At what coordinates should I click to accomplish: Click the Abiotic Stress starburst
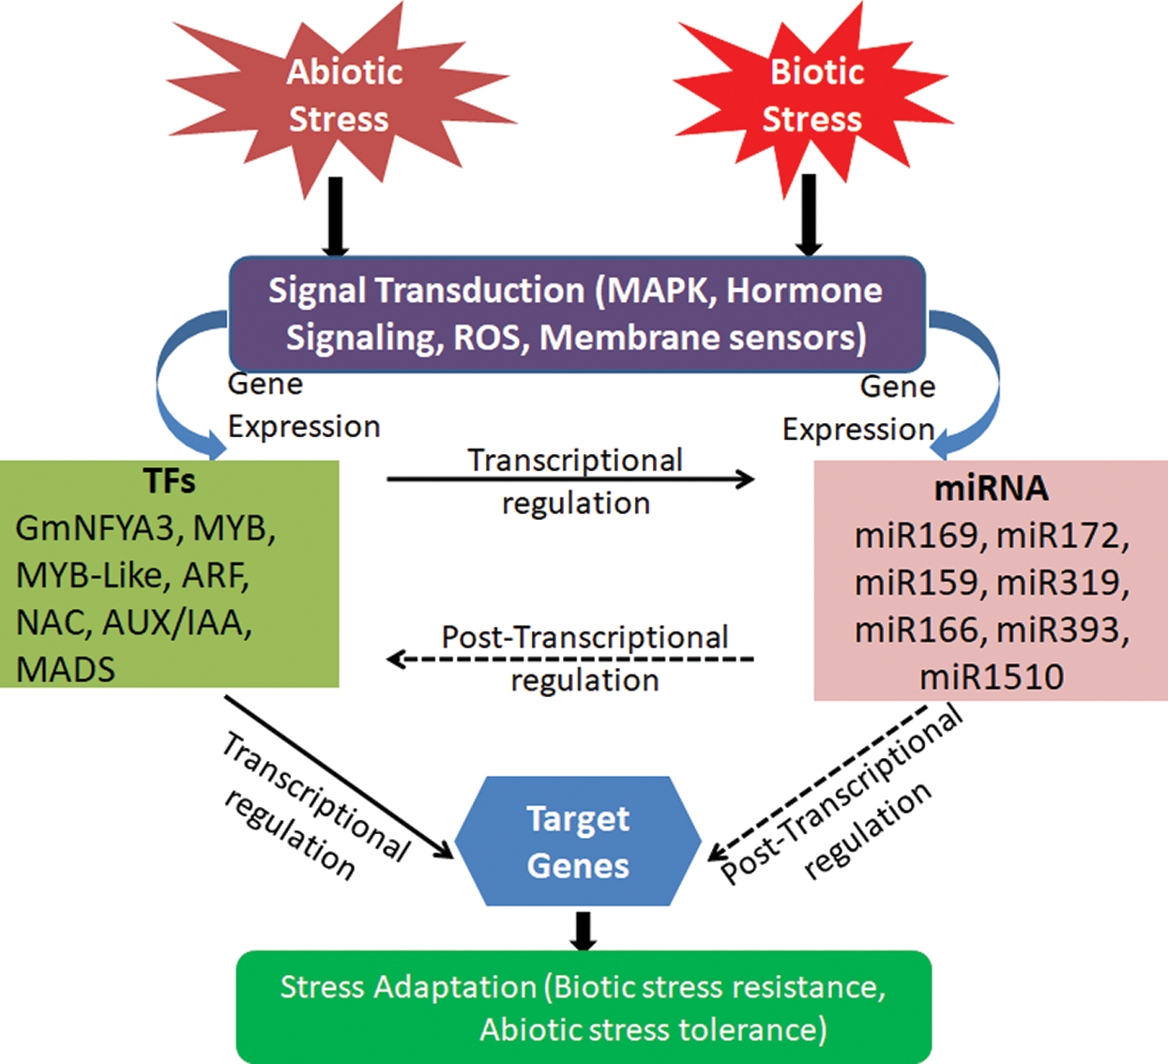(x=341, y=99)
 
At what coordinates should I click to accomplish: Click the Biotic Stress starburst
(x=812, y=99)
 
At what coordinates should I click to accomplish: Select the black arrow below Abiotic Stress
(x=335, y=217)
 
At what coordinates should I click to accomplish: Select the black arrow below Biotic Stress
(x=808, y=216)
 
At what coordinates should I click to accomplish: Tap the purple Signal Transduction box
(x=577, y=314)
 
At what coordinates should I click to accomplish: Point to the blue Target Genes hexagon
(x=578, y=841)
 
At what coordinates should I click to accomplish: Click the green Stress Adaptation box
(x=584, y=1007)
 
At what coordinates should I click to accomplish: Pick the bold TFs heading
(x=170, y=481)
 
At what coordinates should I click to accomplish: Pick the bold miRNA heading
(x=991, y=489)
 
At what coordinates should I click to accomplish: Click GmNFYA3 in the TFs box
(x=95, y=529)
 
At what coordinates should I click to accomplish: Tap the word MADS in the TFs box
(x=66, y=670)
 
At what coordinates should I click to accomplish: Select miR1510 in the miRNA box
(x=992, y=676)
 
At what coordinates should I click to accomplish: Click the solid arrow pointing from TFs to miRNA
(x=570, y=479)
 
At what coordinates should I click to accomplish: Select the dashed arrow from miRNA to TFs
(x=570, y=660)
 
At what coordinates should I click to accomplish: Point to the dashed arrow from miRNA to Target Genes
(x=817, y=783)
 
